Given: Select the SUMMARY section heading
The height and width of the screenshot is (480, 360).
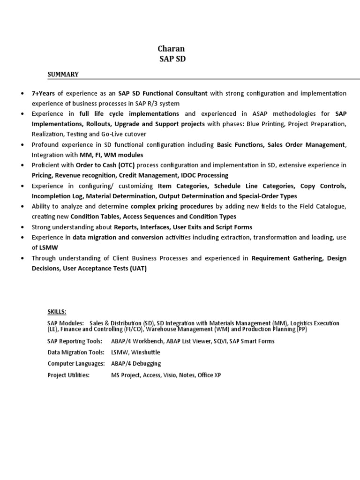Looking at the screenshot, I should click(x=63, y=74).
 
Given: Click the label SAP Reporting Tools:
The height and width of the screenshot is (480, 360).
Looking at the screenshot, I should click(x=75, y=341).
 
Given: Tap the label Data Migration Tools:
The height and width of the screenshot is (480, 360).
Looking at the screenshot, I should click(x=75, y=352).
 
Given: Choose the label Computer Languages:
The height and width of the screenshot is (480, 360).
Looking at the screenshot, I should click(x=75, y=364).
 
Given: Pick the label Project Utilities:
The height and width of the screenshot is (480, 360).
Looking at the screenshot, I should click(x=68, y=375).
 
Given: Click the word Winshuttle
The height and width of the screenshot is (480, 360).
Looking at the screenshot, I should click(x=146, y=352).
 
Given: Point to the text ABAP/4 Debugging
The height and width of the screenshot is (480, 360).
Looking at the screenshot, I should click(x=136, y=364).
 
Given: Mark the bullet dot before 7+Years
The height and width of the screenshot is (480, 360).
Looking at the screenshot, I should click(x=23, y=94).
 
